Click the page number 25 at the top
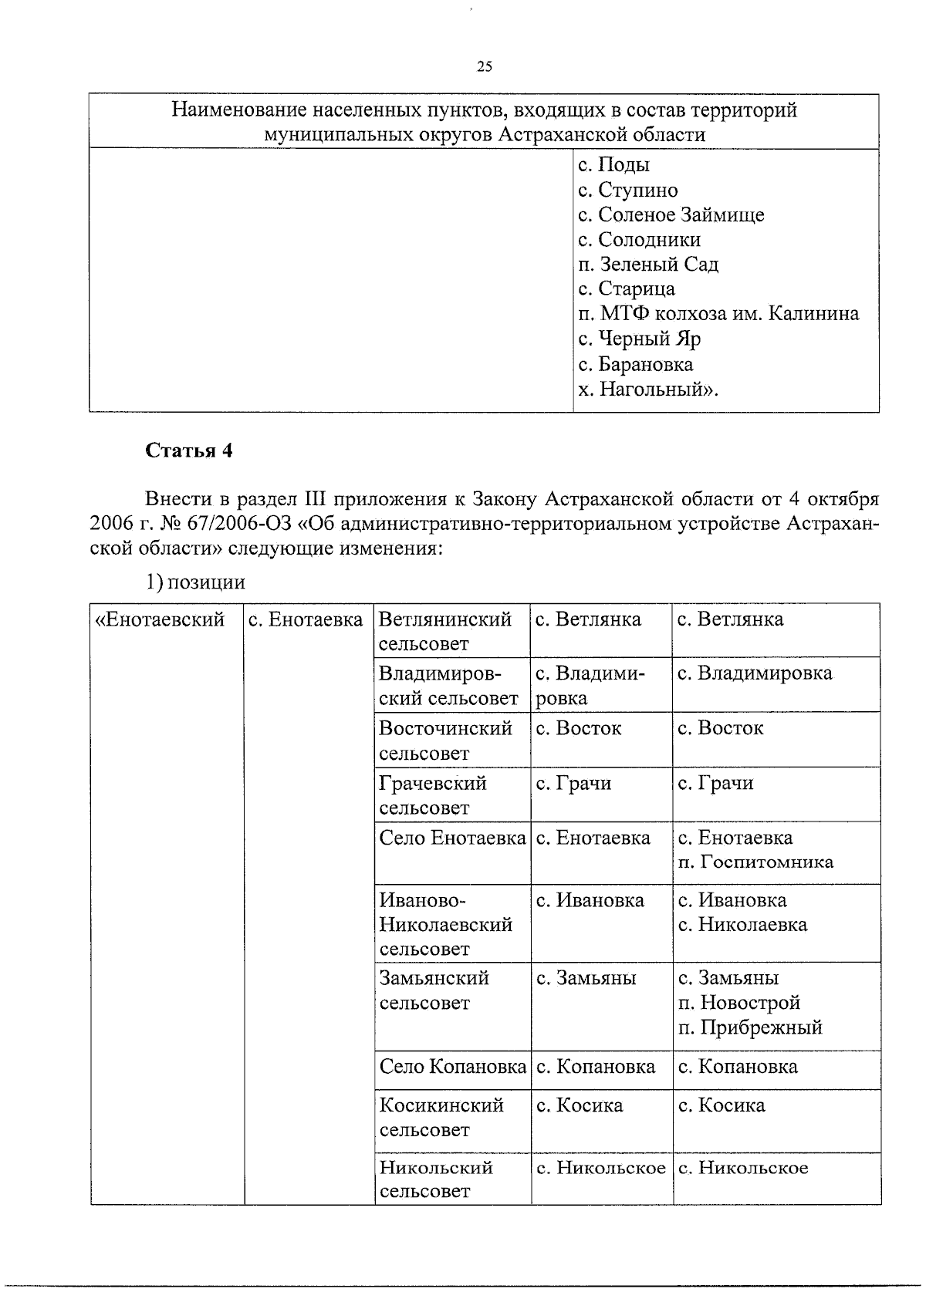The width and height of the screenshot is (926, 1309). tap(484, 67)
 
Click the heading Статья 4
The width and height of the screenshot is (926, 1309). tap(189, 450)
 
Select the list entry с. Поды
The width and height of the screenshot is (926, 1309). tap(613, 165)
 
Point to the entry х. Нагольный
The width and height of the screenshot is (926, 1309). tap(647, 389)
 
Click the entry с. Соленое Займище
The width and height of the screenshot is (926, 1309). tap(671, 214)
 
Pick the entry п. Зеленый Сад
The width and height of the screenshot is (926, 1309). tap(647, 265)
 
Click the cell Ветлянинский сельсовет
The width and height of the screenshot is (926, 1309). tap(445, 631)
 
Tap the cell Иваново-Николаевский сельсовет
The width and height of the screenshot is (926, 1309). tap(445, 924)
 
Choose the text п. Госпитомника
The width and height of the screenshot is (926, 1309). tap(755, 862)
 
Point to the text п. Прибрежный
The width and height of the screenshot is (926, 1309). tap(750, 1027)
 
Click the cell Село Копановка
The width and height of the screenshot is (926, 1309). tap(452, 1067)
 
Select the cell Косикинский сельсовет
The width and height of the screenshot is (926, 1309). tap(441, 1117)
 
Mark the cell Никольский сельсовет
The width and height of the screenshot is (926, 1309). tap(436, 1179)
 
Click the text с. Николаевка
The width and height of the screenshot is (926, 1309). tap(742, 924)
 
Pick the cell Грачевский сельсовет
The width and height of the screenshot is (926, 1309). tap(433, 795)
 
